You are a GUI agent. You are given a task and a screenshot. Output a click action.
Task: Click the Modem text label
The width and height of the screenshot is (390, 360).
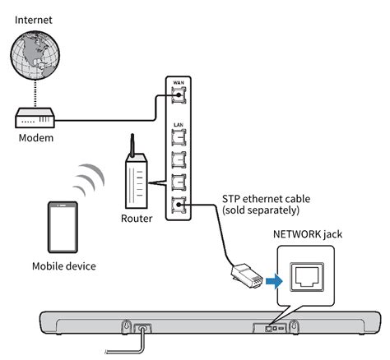click(x=35, y=141)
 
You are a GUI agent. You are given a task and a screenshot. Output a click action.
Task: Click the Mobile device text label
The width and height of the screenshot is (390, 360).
click(x=63, y=266)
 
